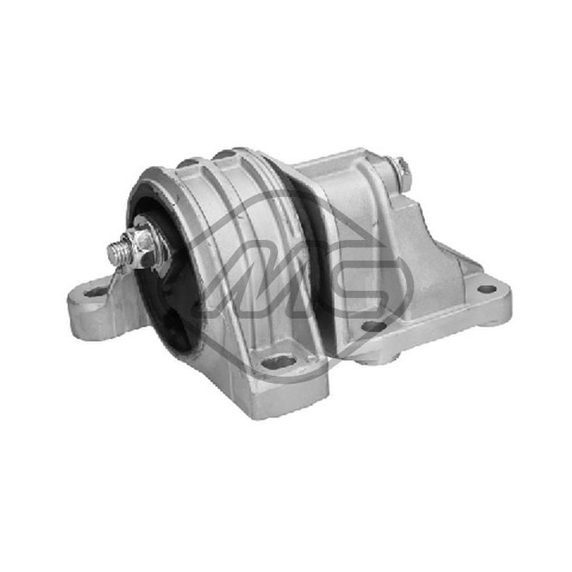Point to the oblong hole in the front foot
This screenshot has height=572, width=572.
click(x=279, y=361)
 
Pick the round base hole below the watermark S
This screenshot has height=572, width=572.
click(x=373, y=326)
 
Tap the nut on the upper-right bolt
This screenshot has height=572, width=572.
click(x=396, y=171)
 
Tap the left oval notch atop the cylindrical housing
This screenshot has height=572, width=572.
click(x=189, y=162)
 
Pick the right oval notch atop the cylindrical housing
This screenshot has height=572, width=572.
click(x=225, y=153)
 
